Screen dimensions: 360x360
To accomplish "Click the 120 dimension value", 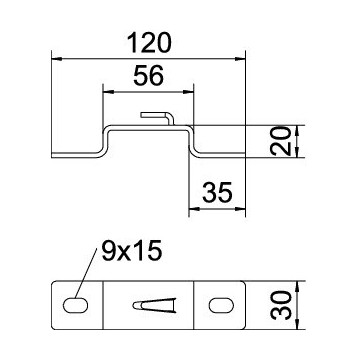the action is coord(150,43).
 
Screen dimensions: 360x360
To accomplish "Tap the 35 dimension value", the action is coord(217,193).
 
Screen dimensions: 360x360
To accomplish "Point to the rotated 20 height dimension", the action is coord(280,141).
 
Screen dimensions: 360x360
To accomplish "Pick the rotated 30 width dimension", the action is coord(281,305).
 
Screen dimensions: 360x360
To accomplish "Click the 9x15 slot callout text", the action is coord(132,251).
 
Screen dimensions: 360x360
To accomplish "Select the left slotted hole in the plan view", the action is coord(76,305).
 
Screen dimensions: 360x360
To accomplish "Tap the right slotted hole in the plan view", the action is coord(221,305).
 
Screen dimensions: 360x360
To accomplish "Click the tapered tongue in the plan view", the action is coord(154,305).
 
